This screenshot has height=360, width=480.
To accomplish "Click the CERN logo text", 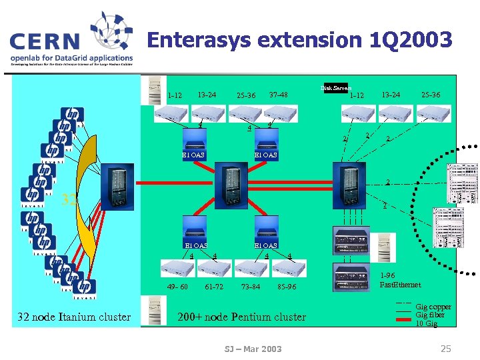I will [43, 41].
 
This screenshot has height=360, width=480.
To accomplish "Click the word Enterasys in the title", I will [200, 40].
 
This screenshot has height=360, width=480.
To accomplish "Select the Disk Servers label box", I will [336, 88].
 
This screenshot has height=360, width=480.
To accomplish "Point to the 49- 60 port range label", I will [177, 287].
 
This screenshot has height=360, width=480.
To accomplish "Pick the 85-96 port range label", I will [291, 287].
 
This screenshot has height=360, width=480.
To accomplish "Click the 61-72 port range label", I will [214, 287].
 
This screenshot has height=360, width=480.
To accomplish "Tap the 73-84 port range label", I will [251, 287].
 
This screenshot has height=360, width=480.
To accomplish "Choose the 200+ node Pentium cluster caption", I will [241, 317].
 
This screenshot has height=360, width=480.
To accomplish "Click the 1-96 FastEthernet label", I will [400, 280].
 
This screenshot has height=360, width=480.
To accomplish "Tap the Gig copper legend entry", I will [433, 307].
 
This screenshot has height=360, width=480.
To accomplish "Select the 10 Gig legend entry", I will [427, 323].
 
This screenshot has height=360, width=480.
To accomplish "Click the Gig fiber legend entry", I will [430, 315].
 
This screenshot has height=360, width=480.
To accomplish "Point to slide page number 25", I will [446, 348].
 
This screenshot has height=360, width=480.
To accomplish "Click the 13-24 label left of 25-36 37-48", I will [207, 95].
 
